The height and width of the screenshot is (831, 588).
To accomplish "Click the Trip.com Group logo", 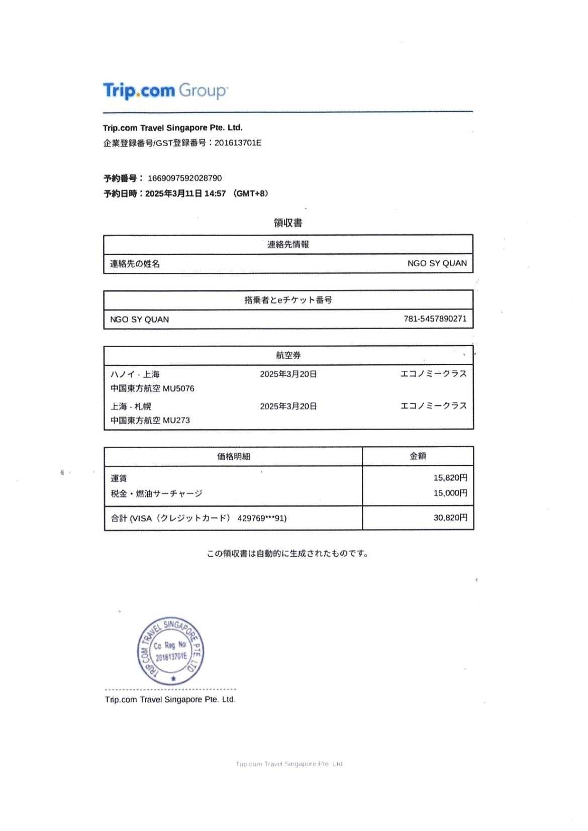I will coord(165,91).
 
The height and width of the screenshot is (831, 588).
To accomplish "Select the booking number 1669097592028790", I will coord(184,178).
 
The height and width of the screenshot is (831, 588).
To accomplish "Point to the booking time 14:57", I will coord(215,193).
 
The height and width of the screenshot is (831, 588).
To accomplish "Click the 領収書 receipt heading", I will coord(288,223).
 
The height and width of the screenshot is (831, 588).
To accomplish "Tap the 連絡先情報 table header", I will coord(288,245).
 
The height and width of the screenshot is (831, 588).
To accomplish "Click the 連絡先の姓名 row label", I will coord(135,264).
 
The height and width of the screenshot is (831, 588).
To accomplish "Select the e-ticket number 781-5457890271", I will coord(435,319).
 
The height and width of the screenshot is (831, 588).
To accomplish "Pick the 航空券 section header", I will coord(288,355).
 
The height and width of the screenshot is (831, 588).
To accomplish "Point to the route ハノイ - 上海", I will coord(135,374).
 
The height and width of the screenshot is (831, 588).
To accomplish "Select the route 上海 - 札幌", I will coord(131,406).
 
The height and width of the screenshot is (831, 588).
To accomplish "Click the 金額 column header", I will coord(418,456).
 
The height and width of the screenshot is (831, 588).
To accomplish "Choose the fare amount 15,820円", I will coord(450,478).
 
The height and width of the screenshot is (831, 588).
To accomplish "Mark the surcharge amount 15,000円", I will coord(450,493).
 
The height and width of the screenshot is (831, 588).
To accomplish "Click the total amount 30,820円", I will coord(450,517).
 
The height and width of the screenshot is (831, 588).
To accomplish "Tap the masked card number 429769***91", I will coord(261,518).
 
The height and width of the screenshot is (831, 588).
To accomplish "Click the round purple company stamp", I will coord(171,651).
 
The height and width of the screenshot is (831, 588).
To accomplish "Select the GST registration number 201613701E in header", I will coord(238,143).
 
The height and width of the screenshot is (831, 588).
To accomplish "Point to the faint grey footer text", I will coord(289,764).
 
